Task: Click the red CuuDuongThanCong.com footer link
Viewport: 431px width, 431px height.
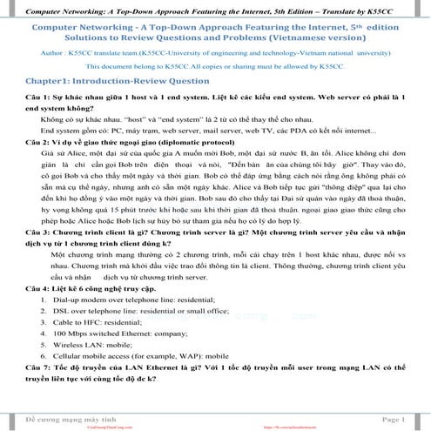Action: click(97, 427)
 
